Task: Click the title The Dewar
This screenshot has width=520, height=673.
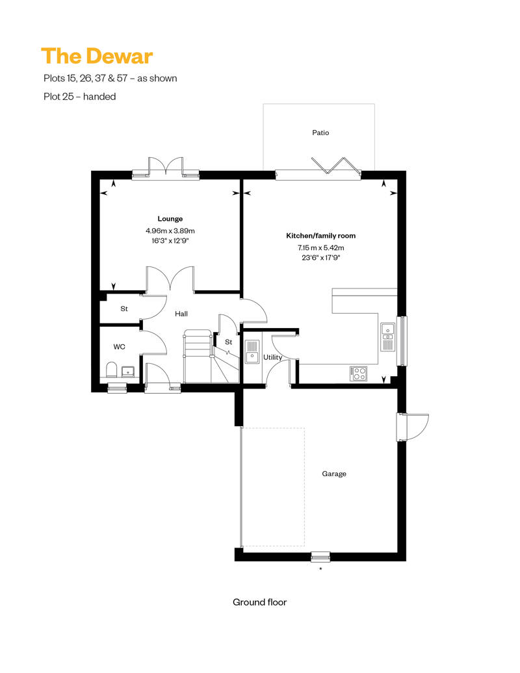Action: [97, 57]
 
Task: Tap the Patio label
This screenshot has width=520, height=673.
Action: [320, 133]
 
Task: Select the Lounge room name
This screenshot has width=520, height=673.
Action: [170, 219]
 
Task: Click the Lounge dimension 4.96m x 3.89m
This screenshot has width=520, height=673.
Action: [170, 231]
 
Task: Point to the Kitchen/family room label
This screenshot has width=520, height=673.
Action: [320, 236]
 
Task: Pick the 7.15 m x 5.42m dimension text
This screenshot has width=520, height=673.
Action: [320, 248]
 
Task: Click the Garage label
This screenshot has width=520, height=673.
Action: [334, 474]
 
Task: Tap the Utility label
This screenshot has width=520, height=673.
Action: [272, 357]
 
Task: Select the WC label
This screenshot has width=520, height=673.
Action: [120, 347]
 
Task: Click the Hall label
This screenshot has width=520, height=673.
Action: [181, 314]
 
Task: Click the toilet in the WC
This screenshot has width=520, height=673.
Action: [111, 370]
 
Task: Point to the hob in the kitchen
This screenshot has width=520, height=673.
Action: [359, 374]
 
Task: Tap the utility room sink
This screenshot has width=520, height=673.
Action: [252, 351]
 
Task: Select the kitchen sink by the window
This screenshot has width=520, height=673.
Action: [388, 336]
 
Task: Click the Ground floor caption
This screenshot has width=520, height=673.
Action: [259, 602]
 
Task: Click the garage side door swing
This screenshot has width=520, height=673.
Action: [413, 427]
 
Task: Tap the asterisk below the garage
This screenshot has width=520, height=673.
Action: [320, 569]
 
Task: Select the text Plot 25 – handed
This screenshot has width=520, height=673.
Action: [80, 97]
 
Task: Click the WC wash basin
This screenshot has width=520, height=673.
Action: [127, 372]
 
